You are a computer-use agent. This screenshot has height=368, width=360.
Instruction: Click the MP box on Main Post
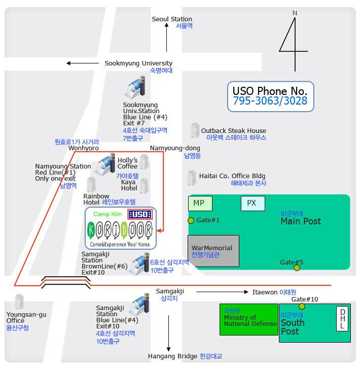(x=200, y=203)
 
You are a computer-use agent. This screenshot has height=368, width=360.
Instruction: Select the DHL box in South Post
(x=343, y=319)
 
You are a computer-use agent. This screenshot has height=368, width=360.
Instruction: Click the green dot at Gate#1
(x=191, y=220)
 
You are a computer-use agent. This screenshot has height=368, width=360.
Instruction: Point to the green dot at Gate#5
(x=297, y=267)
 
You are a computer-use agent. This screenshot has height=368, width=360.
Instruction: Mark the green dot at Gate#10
(x=302, y=306)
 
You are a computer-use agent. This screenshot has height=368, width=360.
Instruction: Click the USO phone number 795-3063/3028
(x=270, y=101)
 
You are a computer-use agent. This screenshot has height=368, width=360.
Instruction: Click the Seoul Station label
(x=172, y=19)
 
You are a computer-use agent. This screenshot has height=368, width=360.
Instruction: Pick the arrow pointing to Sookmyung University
(x=83, y=63)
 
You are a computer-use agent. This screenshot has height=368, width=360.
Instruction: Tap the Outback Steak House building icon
(x=194, y=130)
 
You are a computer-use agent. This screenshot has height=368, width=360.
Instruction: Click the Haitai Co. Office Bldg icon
(x=192, y=178)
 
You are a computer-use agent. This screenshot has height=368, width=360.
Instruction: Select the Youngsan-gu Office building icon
(x=19, y=302)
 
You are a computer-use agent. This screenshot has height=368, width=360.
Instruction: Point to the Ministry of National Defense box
(x=248, y=319)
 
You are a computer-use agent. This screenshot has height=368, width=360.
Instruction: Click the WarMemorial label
(x=212, y=248)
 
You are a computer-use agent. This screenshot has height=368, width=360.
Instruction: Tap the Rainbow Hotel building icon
(x=91, y=184)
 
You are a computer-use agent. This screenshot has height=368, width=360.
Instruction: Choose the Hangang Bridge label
(x=172, y=356)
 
